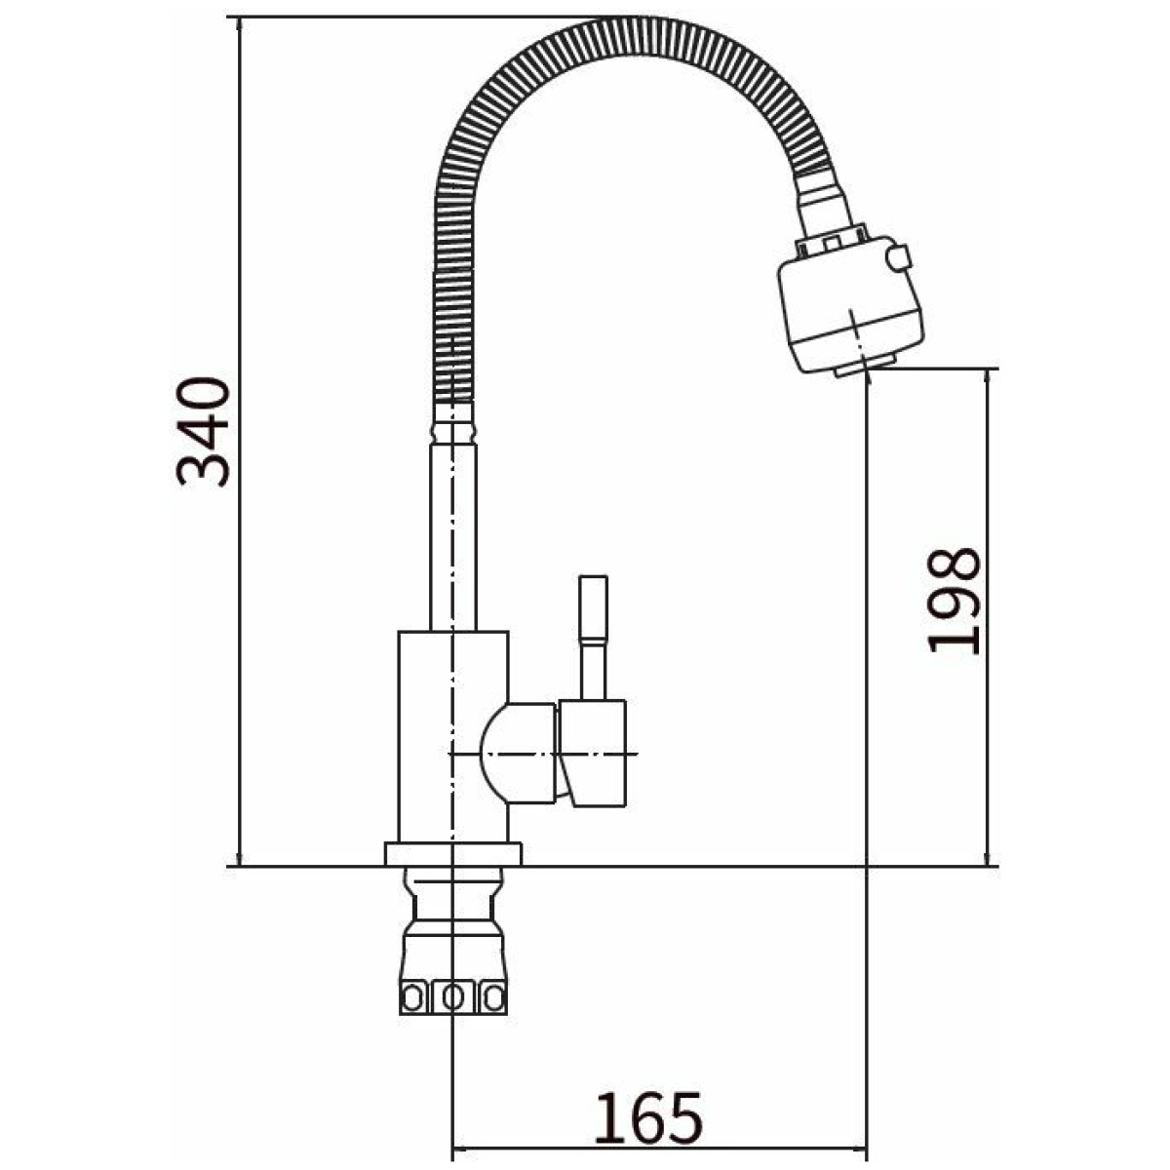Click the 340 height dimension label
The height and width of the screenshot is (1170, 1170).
pos(203,432)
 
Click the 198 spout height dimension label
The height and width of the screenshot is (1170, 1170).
pos(954,601)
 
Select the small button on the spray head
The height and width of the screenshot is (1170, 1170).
pos(899,258)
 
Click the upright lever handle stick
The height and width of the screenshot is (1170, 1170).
pos(593,638)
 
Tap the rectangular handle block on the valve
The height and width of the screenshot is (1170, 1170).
pos(593,753)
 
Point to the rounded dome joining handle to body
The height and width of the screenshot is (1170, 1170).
pos(518,753)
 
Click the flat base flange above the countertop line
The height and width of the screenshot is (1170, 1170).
pos(453,853)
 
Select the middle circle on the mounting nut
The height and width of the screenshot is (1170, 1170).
pos(453,996)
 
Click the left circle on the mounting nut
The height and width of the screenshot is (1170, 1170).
pos(412,996)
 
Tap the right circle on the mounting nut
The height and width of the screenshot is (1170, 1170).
pos(493,996)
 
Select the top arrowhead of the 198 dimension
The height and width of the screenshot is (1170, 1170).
pos(987,379)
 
